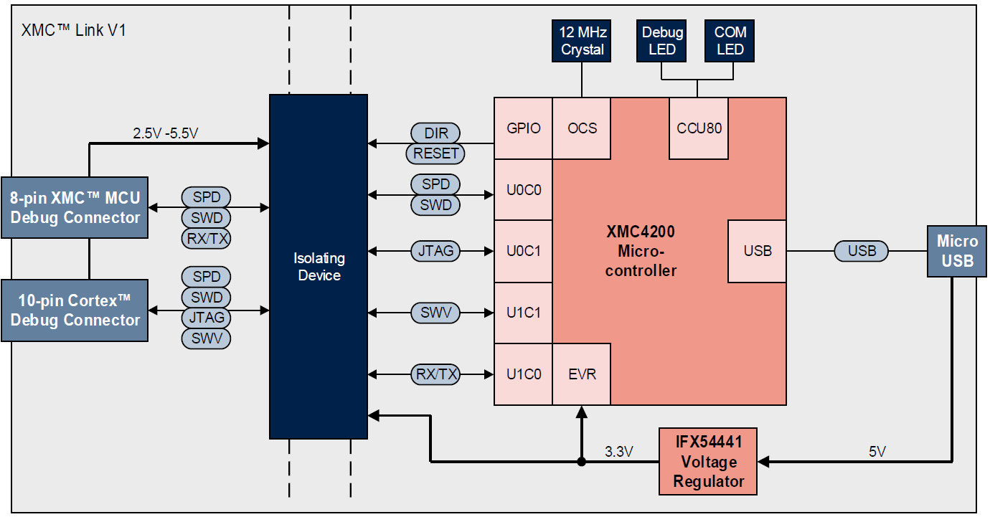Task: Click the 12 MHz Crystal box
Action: (x=583, y=41)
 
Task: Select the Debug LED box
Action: (x=662, y=41)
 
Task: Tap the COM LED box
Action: (x=730, y=41)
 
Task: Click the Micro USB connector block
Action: (x=958, y=252)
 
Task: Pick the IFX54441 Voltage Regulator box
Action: (x=709, y=461)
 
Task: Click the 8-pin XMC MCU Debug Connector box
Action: (x=75, y=208)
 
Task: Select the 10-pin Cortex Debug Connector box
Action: (x=75, y=310)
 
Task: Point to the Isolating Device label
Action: (x=319, y=267)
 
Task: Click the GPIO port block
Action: (x=523, y=128)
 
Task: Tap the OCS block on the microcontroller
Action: (x=582, y=128)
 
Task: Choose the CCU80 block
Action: (x=699, y=128)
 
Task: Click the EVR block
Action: (x=582, y=374)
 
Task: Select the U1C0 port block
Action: (x=523, y=374)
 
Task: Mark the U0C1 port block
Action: (x=523, y=252)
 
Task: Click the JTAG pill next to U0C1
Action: (x=435, y=252)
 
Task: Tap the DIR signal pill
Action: (x=435, y=133)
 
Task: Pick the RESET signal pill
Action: (x=435, y=153)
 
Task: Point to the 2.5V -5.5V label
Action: (x=166, y=133)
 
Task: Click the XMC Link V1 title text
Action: (x=74, y=31)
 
